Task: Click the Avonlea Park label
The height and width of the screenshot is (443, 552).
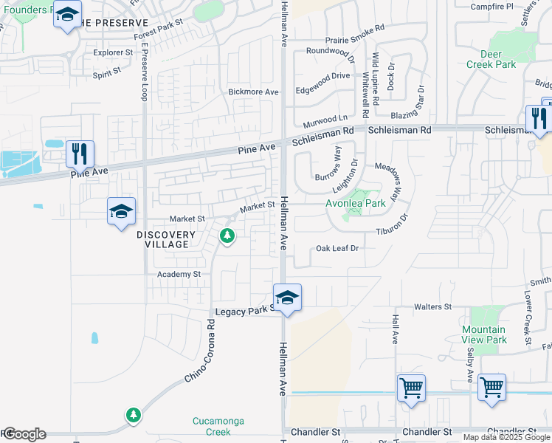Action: click(356, 203)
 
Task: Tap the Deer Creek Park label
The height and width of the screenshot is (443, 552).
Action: click(491, 59)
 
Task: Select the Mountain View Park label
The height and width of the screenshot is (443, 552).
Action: click(484, 334)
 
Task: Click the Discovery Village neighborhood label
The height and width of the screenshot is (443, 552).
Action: click(166, 239)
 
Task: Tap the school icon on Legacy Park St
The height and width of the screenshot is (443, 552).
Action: click(287, 298)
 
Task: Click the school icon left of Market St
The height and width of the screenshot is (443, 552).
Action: click(121, 212)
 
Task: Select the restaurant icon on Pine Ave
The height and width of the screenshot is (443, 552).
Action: click(80, 154)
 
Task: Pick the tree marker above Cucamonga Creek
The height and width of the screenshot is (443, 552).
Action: click(133, 416)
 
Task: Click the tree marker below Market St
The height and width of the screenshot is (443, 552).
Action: click(227, 236)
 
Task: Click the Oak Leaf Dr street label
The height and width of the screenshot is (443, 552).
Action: click(337, 249)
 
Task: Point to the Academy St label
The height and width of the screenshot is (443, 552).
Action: click(179, 274)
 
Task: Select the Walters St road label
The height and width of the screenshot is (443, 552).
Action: click(432, 306)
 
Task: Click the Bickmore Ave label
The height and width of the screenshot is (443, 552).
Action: click(254, 92)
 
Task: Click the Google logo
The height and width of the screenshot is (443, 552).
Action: click(24, 434)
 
